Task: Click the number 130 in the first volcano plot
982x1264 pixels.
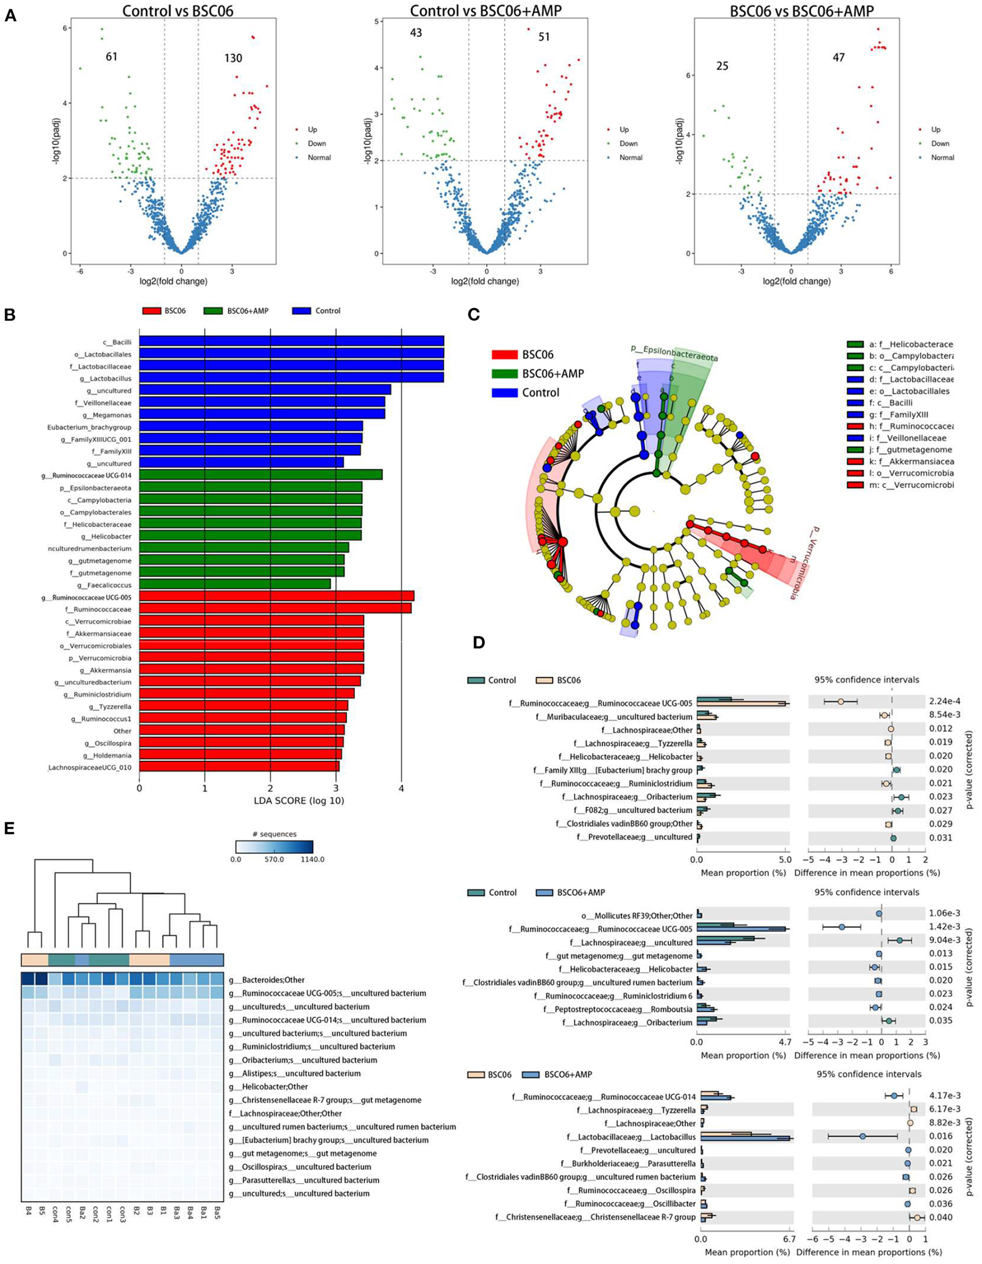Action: pyautogui.click(x=233, y=58)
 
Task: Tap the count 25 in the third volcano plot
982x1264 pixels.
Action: pyautogui.click(x=722, y=67)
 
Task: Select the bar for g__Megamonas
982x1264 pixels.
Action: pyautogui.click(x=262, y=414)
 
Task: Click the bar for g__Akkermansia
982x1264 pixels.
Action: pyautogui.click(x=251, y=670)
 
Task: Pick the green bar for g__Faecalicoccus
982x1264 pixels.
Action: pyautogui.click(x=235, y=585)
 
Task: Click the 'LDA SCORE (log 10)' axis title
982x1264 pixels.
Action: pyautogui.click(x=270, y=801)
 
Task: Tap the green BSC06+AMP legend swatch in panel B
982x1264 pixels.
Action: pyautogui.click(x=214, y=311)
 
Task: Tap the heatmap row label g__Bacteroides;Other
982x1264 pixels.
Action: pyautogui.click(x=267, y=980)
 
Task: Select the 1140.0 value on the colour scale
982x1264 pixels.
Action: pyautogui.click(x=312, y=859)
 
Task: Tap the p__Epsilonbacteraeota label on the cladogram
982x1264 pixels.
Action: pyautogui.click(x=674, y=354)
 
